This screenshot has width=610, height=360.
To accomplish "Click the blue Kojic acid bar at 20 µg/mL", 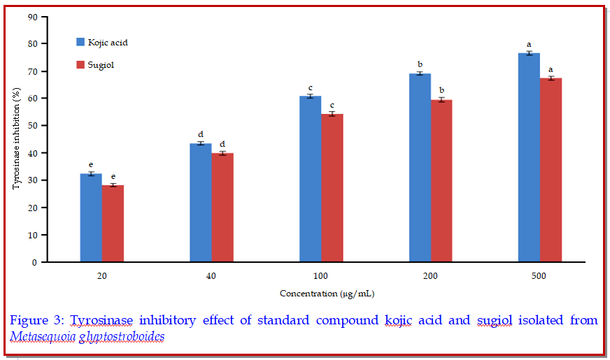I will click(x=91, y=218).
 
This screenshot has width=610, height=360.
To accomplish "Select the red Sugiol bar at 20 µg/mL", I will click(x=113, y=224).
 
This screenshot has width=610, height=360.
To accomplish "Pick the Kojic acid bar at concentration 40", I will click(x=201, y=203).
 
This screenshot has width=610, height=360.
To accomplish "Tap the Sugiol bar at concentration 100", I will click(x=332, y=188).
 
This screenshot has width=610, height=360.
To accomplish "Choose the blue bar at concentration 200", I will click(x=420, y=168).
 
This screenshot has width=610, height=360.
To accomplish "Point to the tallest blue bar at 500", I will click(x=529, y=158).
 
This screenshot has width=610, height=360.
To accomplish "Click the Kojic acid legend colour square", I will click(x=80, y=43).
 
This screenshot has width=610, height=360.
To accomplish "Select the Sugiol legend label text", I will click(x=101, y=65).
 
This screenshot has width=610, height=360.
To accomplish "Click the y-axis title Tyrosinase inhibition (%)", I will click(x=17, y=140).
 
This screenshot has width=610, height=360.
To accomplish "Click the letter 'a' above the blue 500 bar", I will click(x=529, y=45).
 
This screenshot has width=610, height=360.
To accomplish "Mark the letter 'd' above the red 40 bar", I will click(x=222, y=144).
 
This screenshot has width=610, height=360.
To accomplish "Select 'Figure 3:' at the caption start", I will click(x=35, y=320).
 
